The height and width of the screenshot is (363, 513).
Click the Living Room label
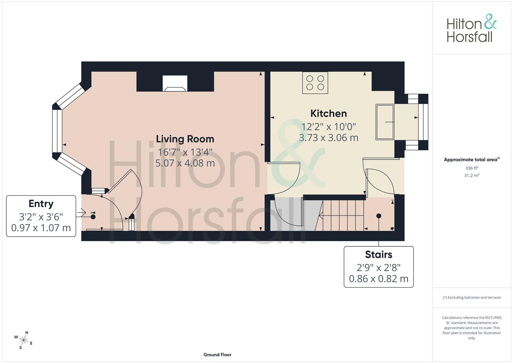click(185, 139)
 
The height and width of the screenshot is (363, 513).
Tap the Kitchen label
click(329, 114)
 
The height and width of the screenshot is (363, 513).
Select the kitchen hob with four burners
click(315, 83)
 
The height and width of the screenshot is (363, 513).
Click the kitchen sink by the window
click(385, 122)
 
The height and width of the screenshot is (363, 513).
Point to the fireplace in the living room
click(175, 83)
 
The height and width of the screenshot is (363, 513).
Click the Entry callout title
click(41, 203)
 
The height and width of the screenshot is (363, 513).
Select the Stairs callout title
click(379, 254)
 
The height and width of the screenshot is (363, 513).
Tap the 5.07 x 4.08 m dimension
click(185, 163)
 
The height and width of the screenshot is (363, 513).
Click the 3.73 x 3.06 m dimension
click(329, 138)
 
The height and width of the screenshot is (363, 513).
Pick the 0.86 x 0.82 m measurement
click(379, 279)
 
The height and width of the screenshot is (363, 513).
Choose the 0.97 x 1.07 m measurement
click(41, 228)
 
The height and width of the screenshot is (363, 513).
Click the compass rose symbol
click(24, 340)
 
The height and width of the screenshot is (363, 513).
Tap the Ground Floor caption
click(217, 355)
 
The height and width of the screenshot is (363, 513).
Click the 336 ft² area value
click(472, 168)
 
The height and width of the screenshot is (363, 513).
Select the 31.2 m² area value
click(472, 175)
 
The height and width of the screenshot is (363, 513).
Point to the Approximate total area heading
click(472, 160)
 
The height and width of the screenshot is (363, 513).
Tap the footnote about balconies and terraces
click(472, 297)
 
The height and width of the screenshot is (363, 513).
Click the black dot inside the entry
click(93, 217)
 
